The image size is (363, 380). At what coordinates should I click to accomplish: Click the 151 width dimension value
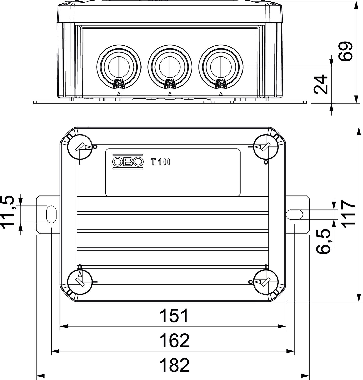coord(174,316)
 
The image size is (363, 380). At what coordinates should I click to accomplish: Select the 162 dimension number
coord(174,341)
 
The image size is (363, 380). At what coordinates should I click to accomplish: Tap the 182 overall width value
coord(174,365)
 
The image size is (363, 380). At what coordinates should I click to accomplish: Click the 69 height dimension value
coord(346,51)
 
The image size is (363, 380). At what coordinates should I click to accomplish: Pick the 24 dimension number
coord(321,84)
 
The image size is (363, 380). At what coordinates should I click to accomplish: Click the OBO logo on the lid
coord(128,161)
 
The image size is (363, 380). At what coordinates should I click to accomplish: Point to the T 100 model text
coord(161,162)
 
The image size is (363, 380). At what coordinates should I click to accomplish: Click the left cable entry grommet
coord(119,67)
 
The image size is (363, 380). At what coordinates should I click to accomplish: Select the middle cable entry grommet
coord(170,67)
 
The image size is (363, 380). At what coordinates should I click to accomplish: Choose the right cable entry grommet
coord(221,67)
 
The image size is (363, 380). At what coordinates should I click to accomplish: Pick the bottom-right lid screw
coord(266,282)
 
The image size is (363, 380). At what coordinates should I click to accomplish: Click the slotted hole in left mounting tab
coord(51,214)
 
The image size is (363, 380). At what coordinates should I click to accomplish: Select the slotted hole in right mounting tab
coord(295,214)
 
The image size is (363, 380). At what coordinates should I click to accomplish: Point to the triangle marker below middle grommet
coord(170,94)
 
